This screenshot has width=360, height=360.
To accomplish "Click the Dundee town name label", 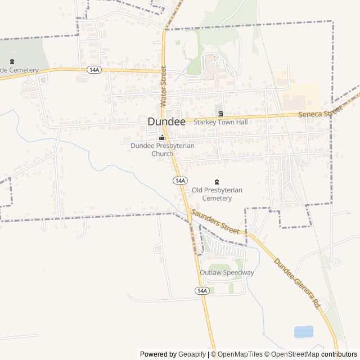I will pyautogui.click(x=166, y=121).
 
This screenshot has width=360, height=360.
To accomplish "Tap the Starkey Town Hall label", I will pyautogui.click(x=220, y=121).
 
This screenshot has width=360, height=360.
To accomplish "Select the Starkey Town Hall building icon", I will pyautogui.click(x=220, y=113).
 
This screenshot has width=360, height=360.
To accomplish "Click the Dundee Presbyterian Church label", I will pyautogui.click(x=163, y=149).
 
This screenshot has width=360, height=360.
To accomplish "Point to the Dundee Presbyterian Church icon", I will pyautogui.click(x=163, y=137).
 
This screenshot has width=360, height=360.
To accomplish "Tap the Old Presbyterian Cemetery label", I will pyautogui.click(x=217, y=194).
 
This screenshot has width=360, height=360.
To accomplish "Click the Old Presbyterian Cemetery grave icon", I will pyautogui.click(x=217, y=182).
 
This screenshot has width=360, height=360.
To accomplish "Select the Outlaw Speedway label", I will pyautogui.click(x=227, y=273).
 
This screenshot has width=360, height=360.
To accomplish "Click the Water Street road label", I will pyautogui.click(x=164, y=86).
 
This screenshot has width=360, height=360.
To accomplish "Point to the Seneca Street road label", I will pyautogui.click(x=320, y=112).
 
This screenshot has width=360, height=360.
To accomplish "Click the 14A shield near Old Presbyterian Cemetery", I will pyautogui.click(x=179, y=180).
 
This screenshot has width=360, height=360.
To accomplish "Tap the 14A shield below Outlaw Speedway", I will pyautogui.click(x=202, y=290).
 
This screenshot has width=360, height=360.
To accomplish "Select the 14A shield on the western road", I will pyautogui.click(x=94, y=70).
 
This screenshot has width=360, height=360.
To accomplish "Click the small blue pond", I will pyautogui.click(x=303, y=332).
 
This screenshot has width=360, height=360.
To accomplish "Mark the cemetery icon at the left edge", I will pyautogui.click(x=12, y=62).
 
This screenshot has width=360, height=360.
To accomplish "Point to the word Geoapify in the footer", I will pyautogui.click(x=192, y=354).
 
